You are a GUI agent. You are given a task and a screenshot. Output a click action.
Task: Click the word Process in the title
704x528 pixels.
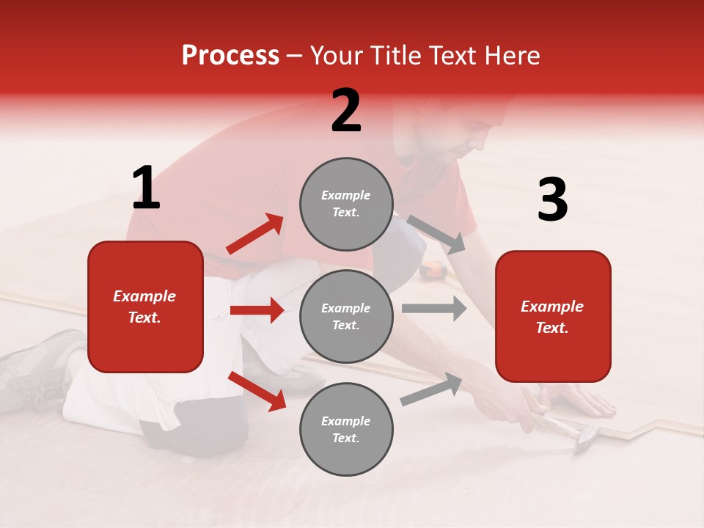(x=230, y=56)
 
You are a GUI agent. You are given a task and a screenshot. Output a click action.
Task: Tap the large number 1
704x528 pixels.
(x=146, y=188)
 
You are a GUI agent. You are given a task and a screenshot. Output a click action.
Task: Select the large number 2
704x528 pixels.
(x=346, y=111)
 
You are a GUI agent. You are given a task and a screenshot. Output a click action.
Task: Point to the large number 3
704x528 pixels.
(x=552, y=200)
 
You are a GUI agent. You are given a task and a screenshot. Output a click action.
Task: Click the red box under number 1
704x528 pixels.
(x=145, y=307)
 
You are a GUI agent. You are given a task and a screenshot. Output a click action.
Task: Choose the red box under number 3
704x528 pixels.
(x=553, y=316)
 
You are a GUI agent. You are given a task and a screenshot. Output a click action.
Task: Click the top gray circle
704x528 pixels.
(x=346, y=204)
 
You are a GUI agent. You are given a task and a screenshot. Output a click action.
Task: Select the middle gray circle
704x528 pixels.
(x=346, y=316)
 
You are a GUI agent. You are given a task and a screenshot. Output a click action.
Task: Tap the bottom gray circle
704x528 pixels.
(x=346, y=429)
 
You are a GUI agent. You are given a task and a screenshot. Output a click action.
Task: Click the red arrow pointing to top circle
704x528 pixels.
(x=254, y=234)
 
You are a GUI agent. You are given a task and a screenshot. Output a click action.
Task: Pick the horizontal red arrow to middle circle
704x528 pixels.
(x=257, y=310)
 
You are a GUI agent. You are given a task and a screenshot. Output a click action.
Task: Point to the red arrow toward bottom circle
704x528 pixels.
(x=257, y=391)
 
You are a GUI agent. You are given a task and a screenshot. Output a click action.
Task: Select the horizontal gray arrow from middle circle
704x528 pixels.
(x=433, y=309)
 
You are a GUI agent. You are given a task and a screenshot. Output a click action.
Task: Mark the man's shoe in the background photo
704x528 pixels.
(x=37, y=363)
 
